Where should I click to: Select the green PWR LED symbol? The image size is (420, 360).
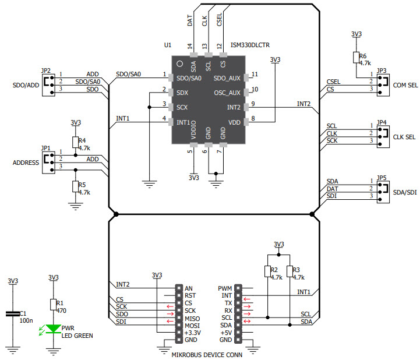[54, 329]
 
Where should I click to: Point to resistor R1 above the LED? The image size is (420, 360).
[54, 305]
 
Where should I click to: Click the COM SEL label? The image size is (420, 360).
[405, 85]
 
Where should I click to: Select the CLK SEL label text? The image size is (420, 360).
[405, 137]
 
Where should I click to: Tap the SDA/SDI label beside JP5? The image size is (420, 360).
[405, 192]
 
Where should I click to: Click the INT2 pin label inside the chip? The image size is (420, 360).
[233, 107]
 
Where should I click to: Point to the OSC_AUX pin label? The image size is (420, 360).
[227, 93]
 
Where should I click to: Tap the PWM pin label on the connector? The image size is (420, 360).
[225, 288]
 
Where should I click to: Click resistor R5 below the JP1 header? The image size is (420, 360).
[75, 186]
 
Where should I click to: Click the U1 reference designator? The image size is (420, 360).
[168, 45]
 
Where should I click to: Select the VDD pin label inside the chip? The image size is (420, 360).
[234, 122]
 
